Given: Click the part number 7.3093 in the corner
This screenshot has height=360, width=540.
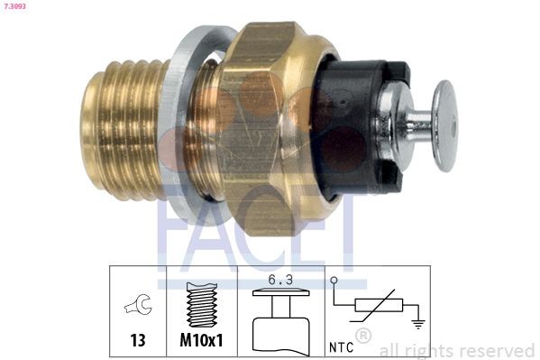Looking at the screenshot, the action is tap(14, 5).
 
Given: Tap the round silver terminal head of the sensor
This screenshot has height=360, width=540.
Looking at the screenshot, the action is tap(445, 125).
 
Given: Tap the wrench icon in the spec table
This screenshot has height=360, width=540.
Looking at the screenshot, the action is tap(138, 304).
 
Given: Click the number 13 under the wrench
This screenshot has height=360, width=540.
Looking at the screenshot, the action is tap(138, 340).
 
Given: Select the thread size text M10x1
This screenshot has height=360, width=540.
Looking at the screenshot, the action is tap(201, 340).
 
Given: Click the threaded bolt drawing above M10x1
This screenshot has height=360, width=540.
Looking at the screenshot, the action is tap(202, 305).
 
